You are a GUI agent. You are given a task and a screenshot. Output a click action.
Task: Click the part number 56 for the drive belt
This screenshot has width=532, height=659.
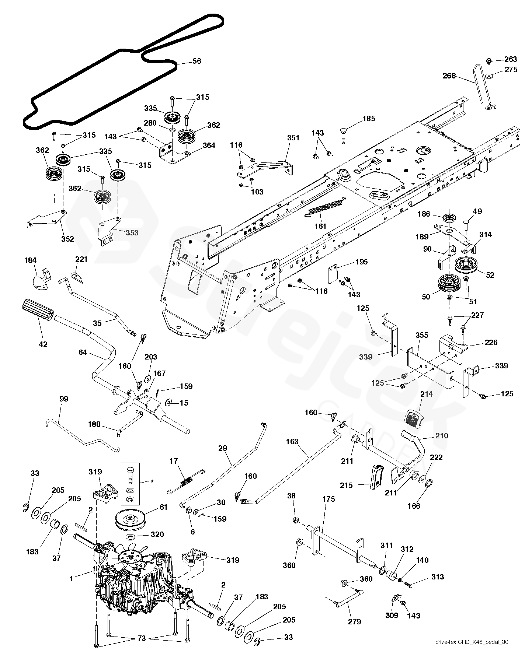coord(197,61)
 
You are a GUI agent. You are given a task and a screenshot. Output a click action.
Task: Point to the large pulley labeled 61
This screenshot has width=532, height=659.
coord(131,520)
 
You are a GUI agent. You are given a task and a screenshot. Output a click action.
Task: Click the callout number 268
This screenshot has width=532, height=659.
coord(449,76)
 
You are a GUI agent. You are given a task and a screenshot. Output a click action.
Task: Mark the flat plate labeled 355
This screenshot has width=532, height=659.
coord(430,365)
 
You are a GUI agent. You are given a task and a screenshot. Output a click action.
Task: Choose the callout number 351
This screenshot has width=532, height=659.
coord(293,138)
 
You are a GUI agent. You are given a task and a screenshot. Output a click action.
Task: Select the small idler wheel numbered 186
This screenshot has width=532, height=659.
coord(449,217)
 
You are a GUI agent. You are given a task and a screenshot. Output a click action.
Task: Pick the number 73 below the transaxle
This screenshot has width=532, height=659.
coord(142,639)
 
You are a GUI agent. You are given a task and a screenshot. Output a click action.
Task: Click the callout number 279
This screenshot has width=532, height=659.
coord(355,622)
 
